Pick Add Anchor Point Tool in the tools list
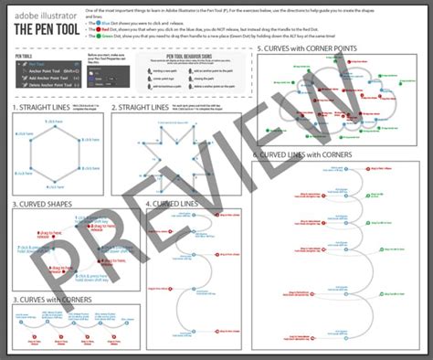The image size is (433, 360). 47,79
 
